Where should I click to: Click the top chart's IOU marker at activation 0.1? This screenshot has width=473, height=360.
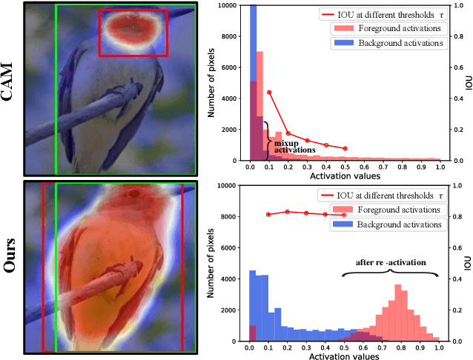click(x=269, y=92)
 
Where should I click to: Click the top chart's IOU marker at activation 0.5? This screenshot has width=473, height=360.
click(x=345, y=148)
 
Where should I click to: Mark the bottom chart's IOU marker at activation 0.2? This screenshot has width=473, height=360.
click(x=288, y=212)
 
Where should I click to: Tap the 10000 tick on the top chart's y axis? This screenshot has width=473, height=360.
click(x=231, y=5)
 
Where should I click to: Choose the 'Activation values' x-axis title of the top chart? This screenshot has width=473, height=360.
click(x=344, y=176)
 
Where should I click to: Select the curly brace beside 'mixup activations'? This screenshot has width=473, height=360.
click(x=265, y=139)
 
